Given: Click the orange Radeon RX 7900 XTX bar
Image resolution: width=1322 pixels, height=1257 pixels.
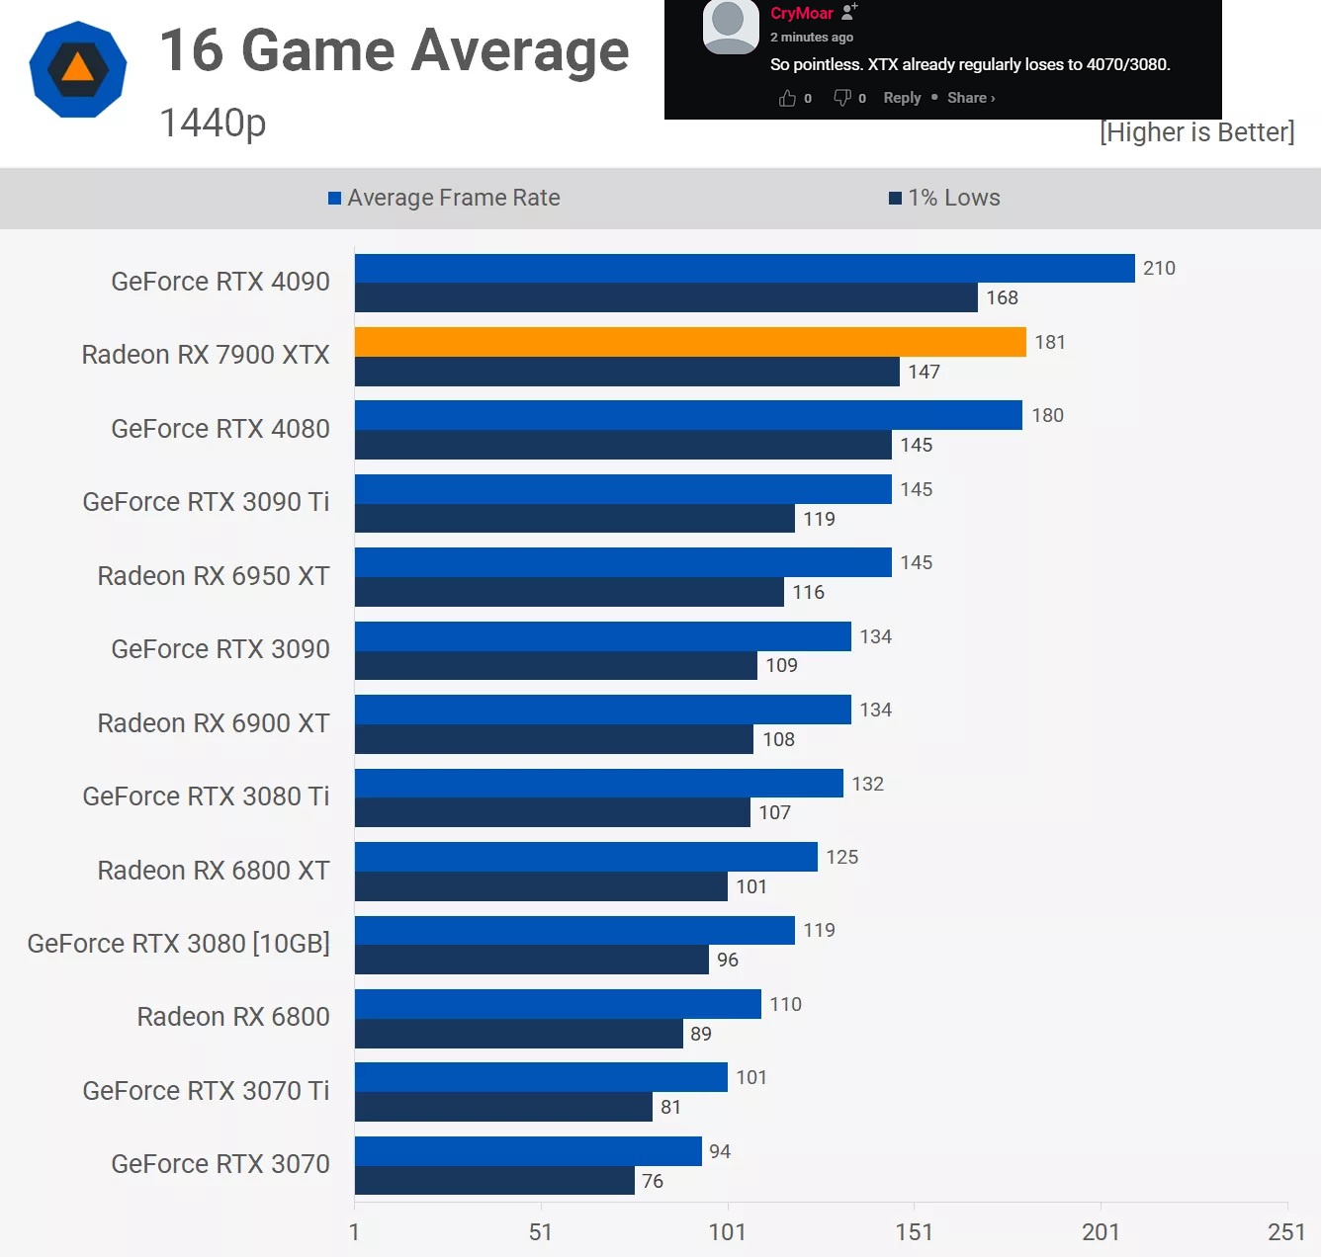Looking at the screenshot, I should pyautogui.click(x=690, y=342).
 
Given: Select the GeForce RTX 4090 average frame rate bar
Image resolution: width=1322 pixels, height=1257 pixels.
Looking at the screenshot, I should pyautogui.click(x=744, y=268).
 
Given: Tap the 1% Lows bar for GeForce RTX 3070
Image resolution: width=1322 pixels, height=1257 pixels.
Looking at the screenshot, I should pyautogui.click(x=494, y=1180).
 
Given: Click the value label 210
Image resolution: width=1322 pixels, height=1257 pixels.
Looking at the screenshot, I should pyautogui.click(x=1159, y=268).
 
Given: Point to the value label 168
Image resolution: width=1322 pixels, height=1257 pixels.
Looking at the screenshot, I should pyautogui.click(x=1002, y=297).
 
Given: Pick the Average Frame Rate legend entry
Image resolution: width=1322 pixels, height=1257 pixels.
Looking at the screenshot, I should pyautogui.click(x=445, y=198).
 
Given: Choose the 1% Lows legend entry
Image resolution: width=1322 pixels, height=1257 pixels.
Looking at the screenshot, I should pyautogui.click(x=945, y=198).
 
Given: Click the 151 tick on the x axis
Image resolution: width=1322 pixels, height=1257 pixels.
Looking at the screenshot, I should pyautogui.click(x=914, y=1231).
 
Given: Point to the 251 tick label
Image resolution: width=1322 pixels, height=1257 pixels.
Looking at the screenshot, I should pyautogui.click(x=1286, y=1231).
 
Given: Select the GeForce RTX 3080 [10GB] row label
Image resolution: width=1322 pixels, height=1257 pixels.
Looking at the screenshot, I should pyautogui.click(x=179, y=944).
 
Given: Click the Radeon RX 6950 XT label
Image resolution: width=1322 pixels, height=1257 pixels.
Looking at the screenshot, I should pyautogui.click(x=214, y=576).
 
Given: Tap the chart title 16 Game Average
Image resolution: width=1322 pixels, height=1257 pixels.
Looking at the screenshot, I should pyautogui.click(x=394, y=50).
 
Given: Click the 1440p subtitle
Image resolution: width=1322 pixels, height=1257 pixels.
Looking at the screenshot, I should pyautogui.click(x=213, y=123).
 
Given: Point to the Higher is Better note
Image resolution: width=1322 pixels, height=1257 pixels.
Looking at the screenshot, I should pyautogui.click(x=1196, y=132).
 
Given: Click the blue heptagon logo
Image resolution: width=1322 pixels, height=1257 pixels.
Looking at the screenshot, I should pyautogui.click(x=78, y=69).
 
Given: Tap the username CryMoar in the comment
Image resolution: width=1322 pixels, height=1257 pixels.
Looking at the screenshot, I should pyautogui.click(x=802, y=13).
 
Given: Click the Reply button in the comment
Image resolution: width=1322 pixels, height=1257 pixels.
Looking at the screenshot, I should pyautogui.click(x=902, y=98).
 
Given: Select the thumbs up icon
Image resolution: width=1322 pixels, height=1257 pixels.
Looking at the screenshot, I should pyautogui.click(x=787, y=98).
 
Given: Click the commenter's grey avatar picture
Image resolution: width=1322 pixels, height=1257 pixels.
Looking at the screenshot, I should pyautogui.click(x=730, y=26).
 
